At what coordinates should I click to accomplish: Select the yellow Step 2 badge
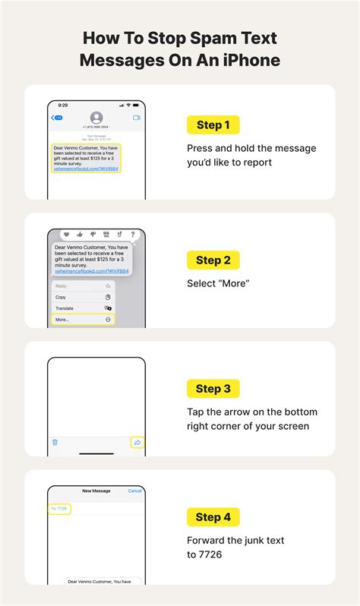click(213, 260)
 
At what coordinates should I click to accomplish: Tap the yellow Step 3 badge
click(213, 389)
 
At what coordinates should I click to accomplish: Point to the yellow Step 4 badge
click(213, 517)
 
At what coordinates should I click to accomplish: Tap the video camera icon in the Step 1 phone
click(137, 118)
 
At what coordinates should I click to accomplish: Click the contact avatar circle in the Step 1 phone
click(96, 118)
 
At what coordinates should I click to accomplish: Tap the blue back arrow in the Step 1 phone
click(55, 118)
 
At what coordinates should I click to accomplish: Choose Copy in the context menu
click(61, 297)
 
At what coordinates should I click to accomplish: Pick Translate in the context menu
click(65, 308)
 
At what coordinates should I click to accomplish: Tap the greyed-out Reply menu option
click(62, 286)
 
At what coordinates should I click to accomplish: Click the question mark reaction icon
click(133, 235)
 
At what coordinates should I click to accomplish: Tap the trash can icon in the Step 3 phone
click(55, 441)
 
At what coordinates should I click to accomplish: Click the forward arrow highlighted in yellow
click(137, 442)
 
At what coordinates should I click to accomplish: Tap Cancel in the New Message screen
click(134, 491)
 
